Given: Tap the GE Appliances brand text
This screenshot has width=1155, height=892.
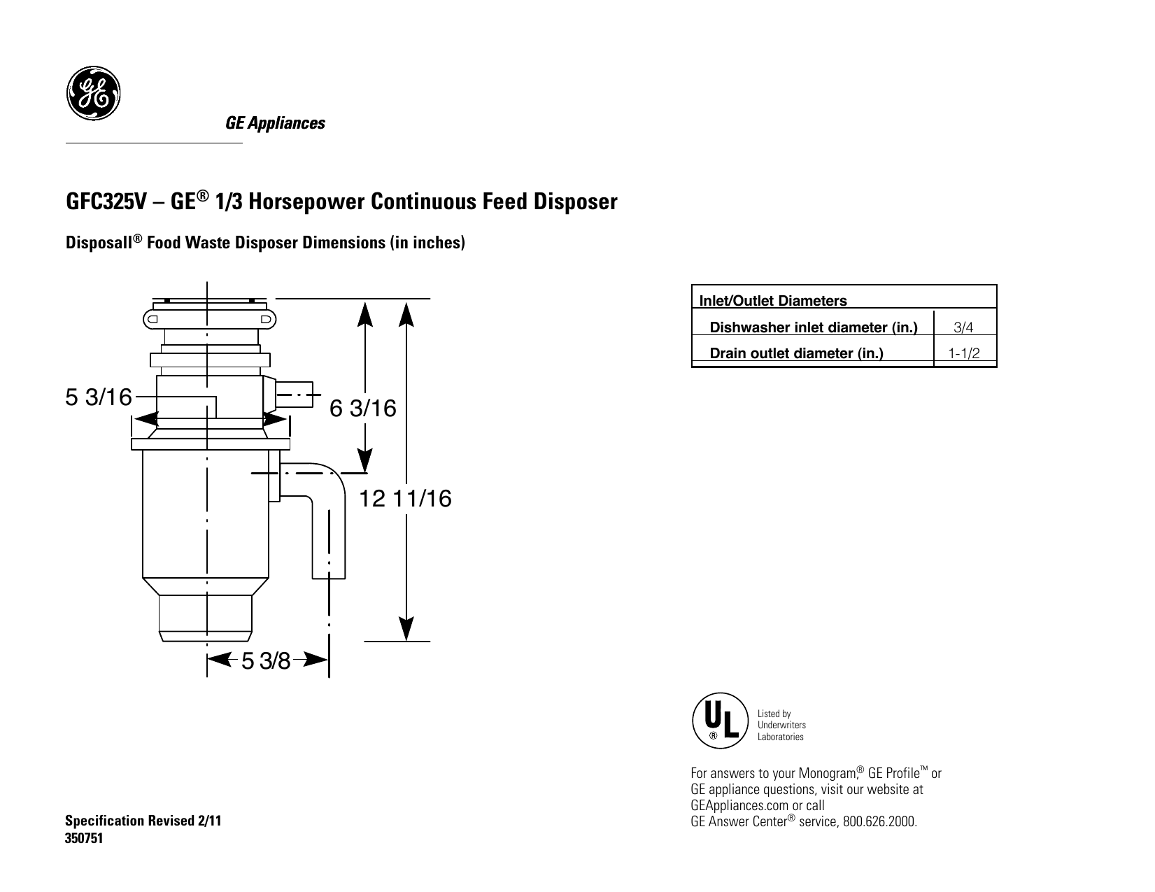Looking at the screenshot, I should coord(274,124).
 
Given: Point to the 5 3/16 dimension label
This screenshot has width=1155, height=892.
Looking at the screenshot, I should coord(98,397).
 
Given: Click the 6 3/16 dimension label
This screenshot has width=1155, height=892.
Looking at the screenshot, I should coord(363,409).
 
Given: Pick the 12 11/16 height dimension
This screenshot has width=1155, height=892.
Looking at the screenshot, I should coord(406,499).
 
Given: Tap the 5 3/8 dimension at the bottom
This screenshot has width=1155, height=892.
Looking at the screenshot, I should coord(266,660).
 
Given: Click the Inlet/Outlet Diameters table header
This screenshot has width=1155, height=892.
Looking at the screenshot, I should coord(773,301).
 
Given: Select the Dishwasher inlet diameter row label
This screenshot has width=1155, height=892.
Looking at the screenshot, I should coord(813,327).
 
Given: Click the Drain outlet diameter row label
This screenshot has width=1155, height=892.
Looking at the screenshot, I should coord(796,353).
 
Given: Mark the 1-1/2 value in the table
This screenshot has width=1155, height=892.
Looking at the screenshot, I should coord(963,353).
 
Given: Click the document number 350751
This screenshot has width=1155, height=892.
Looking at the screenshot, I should coord(84,840).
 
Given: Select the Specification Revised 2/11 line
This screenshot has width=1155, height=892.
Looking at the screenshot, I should coord(143,821).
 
